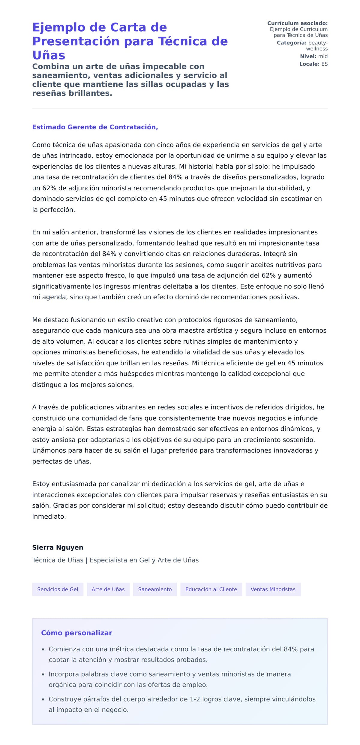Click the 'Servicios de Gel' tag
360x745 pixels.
(x=58, y=589)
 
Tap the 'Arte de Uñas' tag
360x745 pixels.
(x=108, y=589)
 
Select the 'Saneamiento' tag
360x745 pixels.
(x=155, y=589)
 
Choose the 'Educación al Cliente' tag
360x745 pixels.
(x=211, y=589)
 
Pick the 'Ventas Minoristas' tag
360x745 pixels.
(x=273, y=589)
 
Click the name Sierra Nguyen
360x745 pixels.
(x=58, y=547)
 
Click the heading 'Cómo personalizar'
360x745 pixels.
(x=76, y=633)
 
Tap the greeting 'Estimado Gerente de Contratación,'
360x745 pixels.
(x=95, y=127)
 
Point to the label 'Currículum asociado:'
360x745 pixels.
(x=297, y=23)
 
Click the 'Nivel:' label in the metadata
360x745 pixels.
(x=308, y=56)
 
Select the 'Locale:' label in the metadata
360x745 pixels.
(x=309, y=64)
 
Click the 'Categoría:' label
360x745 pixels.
(x=292, y=43)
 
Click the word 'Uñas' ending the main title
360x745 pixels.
(x=49, y=55)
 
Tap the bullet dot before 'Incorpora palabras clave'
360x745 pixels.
(x=43, y=674)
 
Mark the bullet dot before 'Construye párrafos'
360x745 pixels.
(x=43, y=699)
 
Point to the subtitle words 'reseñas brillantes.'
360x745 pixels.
(x=72, y=93)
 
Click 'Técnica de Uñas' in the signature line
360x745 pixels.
(x=58, y=560)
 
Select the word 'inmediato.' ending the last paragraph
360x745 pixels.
(x=49, y=516)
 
